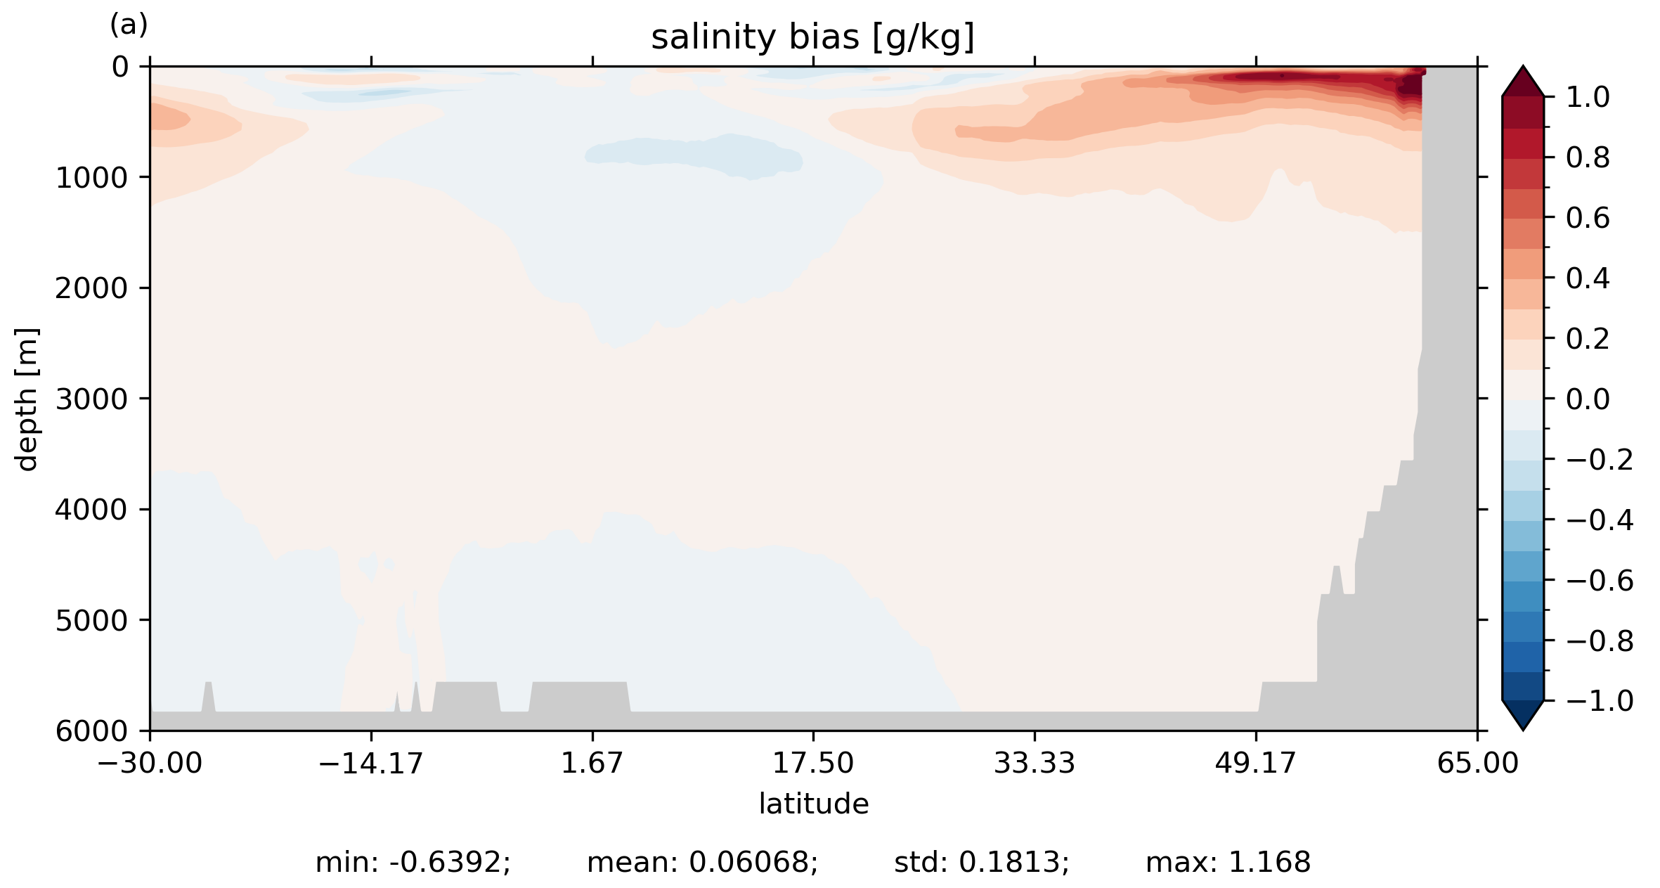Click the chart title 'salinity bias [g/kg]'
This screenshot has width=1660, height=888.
click(812, 37)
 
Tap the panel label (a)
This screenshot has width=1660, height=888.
click(129, 25)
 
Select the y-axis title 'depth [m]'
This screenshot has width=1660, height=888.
click(27, 399)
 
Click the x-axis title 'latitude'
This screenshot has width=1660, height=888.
click(813, 804)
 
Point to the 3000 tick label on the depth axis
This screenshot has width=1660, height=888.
click(91, 399)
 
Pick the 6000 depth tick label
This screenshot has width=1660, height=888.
click(91, 731)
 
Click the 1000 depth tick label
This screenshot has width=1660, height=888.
click(91, 178)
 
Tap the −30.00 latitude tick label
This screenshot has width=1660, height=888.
click(150, 763)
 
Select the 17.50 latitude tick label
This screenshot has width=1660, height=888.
click(813, 763)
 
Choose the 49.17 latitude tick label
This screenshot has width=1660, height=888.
click(1255, 763)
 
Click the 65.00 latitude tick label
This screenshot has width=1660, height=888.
click(1477, 763)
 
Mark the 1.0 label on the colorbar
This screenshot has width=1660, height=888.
click(1588, 97)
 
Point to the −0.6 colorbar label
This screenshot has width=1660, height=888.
click(1599, 581)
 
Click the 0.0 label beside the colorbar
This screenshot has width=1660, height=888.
click(1588, 399)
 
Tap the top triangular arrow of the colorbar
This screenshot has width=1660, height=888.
click(1523, 82)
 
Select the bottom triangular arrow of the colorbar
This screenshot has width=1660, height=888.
click(1523, 715)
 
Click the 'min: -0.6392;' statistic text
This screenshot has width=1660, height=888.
click(413, 862)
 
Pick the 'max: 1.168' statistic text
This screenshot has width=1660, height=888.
click(1228, 862)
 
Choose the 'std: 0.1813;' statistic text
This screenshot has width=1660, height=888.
click(981, 862)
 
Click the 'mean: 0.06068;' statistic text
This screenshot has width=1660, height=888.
click(702, 862)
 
